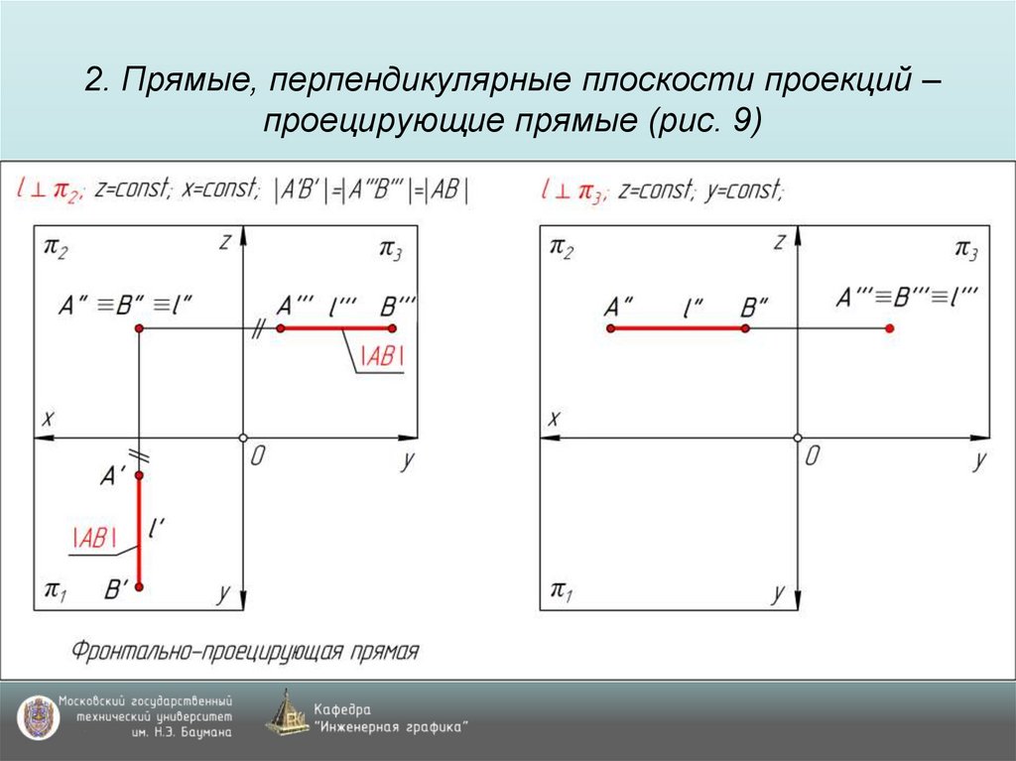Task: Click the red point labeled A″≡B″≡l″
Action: pos(139,328)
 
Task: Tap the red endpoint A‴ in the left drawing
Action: pos(282,328)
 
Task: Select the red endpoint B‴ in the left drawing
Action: pos(393,328)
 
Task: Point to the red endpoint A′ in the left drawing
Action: pos(139,476)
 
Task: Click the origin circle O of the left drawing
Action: pos(243,438)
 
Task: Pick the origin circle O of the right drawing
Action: pos(798,438)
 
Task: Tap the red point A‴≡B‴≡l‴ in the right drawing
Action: pos(889,328)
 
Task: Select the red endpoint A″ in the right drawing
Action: pos(609,328)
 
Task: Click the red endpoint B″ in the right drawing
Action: pos(746,328)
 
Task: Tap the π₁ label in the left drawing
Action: pos(56,593)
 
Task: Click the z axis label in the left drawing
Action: pos(226,241)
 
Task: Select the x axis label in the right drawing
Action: pos(555,419)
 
